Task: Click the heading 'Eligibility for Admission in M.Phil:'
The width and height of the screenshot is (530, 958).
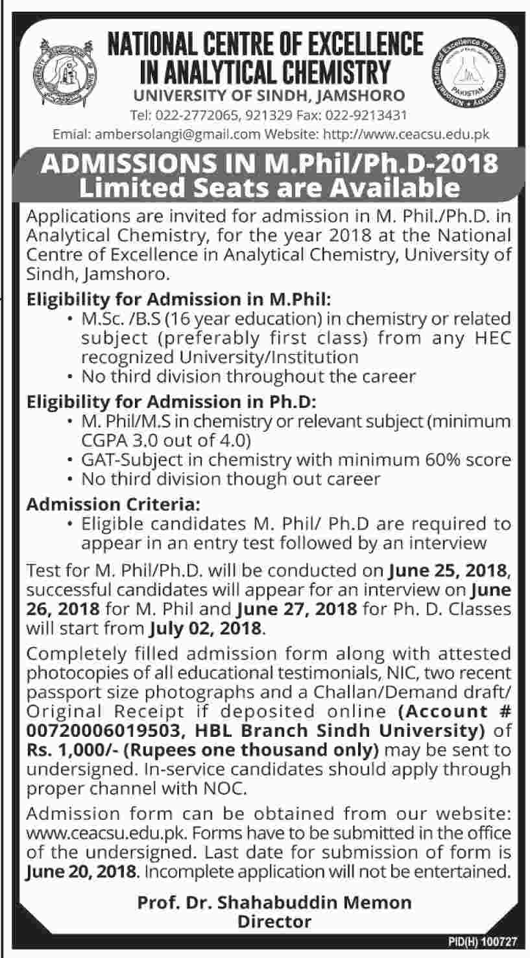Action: click(x=179, y=300)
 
